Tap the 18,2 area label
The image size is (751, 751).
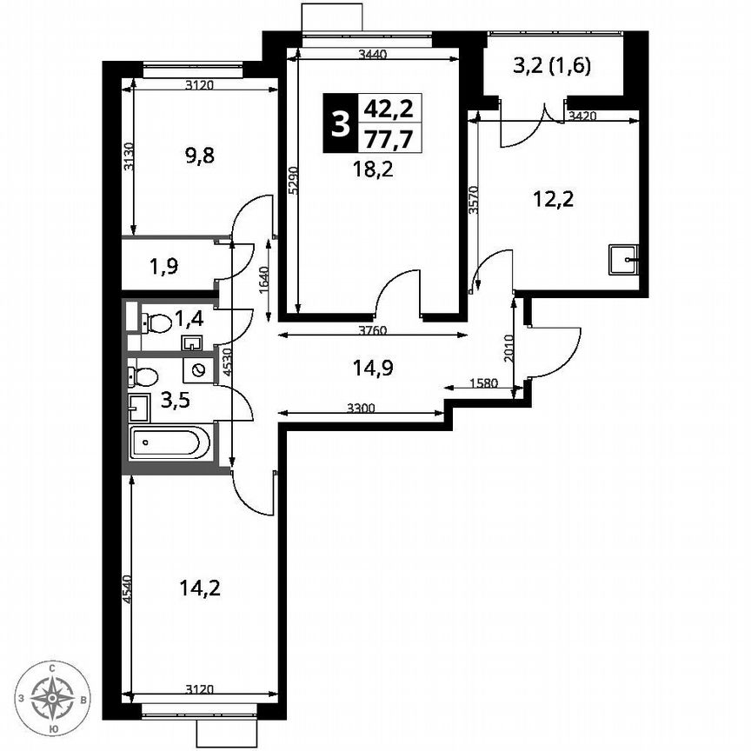(373, 169)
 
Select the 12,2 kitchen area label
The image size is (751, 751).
(554, 199)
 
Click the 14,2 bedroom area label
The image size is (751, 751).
(199, 588)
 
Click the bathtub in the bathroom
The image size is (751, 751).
(169, 444)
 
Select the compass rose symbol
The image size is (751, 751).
(54, 697)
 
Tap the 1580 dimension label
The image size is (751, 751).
(482, 383)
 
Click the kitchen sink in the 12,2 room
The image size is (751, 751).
(623, 259)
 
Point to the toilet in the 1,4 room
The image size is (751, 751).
(156, 322)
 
